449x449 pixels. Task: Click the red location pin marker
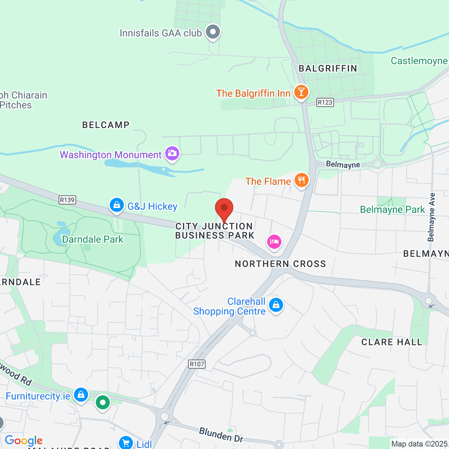coord(224,208)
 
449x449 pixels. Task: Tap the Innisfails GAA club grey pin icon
coord(213,32)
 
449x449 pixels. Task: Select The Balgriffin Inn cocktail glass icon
coord(301,92)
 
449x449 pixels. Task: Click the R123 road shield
coord(325,103)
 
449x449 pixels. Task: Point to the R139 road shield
coord(67,200)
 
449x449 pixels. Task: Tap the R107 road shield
coord(197,364)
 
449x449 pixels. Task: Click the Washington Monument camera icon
coord(172,153)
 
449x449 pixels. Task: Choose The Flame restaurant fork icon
coord(302,180)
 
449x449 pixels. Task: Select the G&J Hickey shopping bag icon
coord(117,205)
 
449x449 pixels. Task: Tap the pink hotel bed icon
coord(274,241)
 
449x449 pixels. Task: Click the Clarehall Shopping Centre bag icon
coord(276,305)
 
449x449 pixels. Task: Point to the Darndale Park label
coord(92,239)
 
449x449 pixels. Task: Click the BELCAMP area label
coord(106,125)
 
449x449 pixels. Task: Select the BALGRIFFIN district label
coord(328,68)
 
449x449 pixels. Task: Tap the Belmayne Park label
coord(392,210)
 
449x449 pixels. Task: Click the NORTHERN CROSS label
coord(280,264)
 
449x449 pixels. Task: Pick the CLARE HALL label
coord(391,342)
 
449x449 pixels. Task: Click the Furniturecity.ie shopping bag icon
coord(81,394)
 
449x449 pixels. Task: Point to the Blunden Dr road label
coord(221,435)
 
